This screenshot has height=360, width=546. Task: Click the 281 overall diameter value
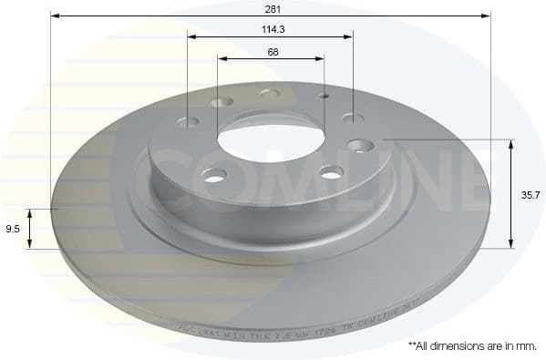[271, 9]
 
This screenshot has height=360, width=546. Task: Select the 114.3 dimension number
[271, 30]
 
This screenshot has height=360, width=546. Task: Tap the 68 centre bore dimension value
[273, 52]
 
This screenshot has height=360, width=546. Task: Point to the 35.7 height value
[529, 194]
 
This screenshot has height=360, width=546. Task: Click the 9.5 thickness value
[12, 229]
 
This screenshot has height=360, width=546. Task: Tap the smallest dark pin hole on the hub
[324, 95]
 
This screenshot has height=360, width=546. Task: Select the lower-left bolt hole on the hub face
[213, 176]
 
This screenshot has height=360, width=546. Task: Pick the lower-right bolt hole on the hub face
[331, 172]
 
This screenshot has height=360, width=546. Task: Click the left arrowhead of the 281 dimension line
[54, 16]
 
